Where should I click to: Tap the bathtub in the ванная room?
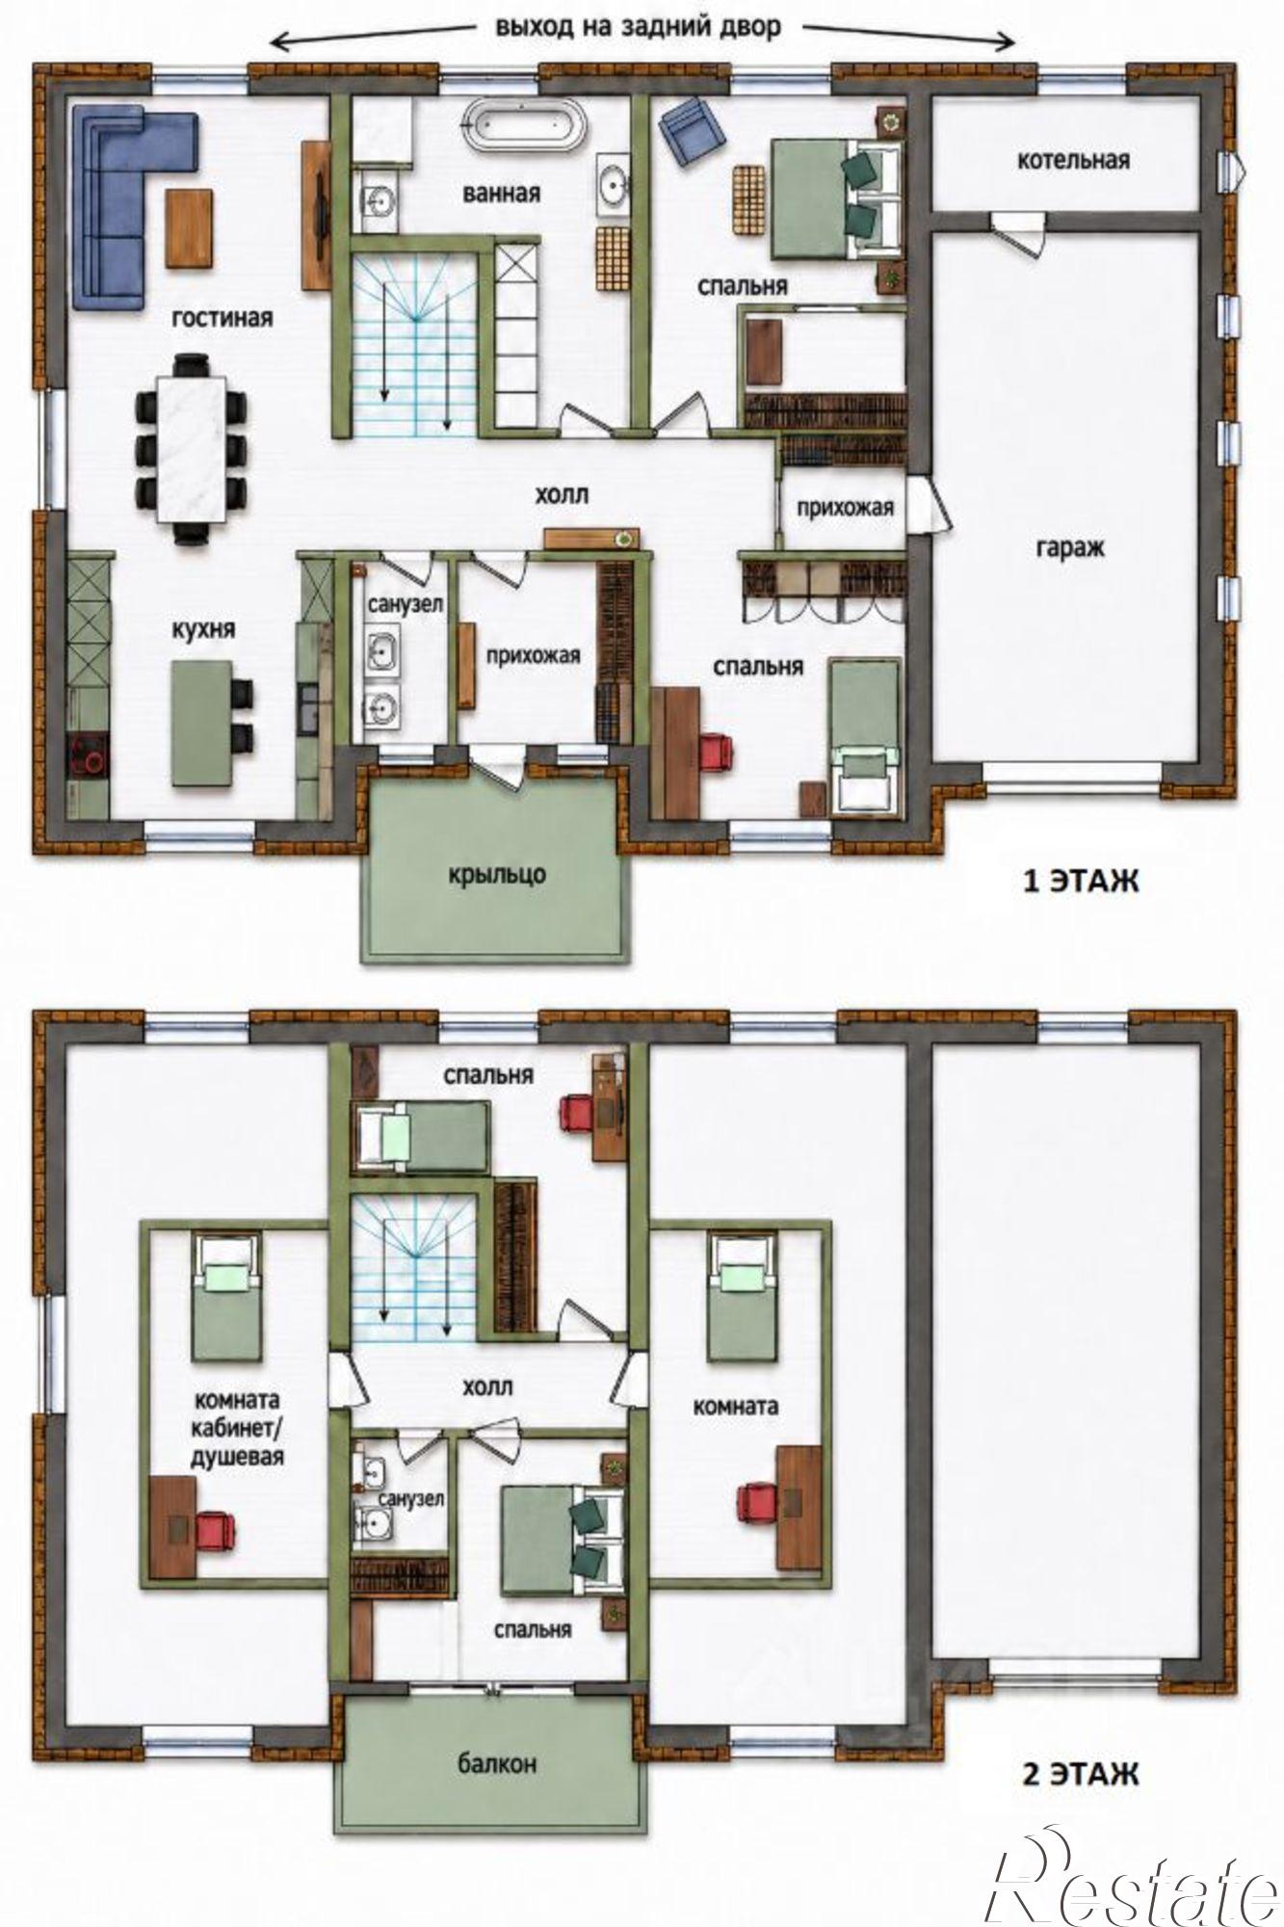(524, 125)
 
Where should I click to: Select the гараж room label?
(1070, 548)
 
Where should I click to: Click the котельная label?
(1073, 160)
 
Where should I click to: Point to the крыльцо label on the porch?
(496, 875)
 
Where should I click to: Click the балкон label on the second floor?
(497, 1764)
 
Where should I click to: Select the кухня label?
(204, 630)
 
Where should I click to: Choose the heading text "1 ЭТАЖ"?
(1080, 881)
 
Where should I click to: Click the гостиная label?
(223, 317)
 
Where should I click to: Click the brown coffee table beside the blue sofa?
(190, 227)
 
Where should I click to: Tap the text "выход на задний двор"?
(639, 27)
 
